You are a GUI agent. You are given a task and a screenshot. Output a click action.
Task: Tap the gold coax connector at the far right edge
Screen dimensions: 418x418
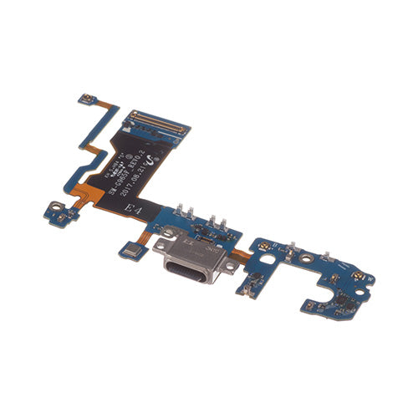click(x=358, y=277)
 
